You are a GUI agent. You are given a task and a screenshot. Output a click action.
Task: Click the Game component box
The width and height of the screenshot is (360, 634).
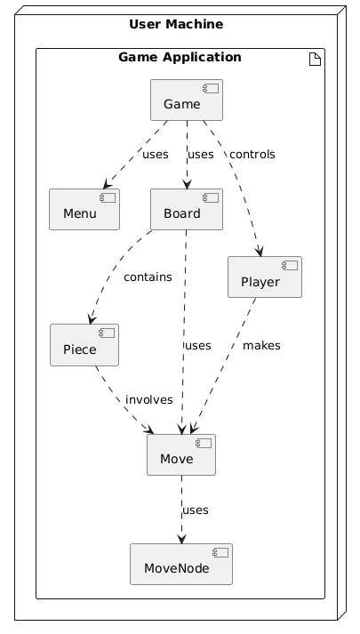click(187, 100)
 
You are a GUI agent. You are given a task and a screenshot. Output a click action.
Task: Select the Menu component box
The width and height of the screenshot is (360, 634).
click(84, 209)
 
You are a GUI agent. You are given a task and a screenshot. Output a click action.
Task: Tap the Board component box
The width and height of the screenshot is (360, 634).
click(187, 209)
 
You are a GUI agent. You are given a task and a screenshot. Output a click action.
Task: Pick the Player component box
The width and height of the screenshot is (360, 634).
click(265, 277)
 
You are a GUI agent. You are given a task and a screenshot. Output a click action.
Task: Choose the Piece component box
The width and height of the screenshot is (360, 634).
click(84, 345)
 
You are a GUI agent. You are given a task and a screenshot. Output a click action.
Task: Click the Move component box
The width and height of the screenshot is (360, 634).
click(181, 455)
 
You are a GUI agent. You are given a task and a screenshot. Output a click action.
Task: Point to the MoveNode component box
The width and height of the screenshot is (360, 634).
click(181, 564)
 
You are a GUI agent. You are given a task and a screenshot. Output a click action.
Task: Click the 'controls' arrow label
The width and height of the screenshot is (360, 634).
click(252, 155)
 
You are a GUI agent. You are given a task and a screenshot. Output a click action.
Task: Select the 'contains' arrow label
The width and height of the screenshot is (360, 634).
click(148, 277)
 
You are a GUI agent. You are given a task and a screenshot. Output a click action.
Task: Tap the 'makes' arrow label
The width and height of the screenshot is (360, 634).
click(261, 345)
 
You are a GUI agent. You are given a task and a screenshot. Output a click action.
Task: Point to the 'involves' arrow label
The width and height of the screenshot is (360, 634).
click(149, 399)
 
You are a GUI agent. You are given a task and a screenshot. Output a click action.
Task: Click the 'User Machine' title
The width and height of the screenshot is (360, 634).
click(176, 24)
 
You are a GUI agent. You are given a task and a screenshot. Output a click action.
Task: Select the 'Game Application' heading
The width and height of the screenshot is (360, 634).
click(180, 57)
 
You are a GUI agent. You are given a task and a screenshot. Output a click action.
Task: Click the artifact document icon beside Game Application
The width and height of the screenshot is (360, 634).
click(315, 60)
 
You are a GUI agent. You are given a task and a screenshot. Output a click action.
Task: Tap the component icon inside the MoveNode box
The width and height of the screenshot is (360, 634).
click(220, 552)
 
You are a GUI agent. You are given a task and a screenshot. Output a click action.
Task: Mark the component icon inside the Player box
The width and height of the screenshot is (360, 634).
click(290, 265)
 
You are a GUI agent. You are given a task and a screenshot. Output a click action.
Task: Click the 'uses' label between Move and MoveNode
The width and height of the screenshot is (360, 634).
click(196, 510)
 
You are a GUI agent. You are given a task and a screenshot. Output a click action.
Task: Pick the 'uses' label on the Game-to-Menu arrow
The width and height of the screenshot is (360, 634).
click(156, 155)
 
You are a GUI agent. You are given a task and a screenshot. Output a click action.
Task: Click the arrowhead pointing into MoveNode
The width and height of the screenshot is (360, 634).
click(182, 539)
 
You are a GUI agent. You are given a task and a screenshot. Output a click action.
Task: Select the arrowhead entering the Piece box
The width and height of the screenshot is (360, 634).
click(92, 318)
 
